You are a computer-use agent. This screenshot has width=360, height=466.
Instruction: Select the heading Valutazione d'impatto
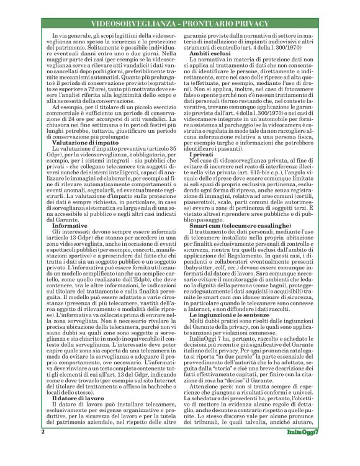click(86, 142)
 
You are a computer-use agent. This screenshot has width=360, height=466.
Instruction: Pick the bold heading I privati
click(200, 153)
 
